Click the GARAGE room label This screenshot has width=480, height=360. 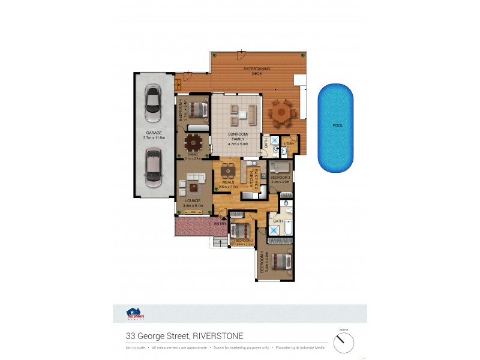(154, 133)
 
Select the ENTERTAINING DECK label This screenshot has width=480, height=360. (257, 71)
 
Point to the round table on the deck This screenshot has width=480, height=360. (280, 113)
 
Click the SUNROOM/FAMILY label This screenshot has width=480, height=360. (238, 136)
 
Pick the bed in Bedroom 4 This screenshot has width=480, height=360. (199, 110)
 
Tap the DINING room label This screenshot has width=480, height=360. (193, 155)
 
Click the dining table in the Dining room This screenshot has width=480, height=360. (193, 142)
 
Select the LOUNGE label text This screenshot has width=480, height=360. (192, 201)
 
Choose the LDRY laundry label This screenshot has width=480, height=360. (289, 143)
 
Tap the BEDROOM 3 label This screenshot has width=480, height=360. (280, 178)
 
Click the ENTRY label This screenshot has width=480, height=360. (220, 224)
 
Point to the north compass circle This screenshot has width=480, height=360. (344, 343)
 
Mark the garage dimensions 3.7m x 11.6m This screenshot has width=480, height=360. (154, 138)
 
